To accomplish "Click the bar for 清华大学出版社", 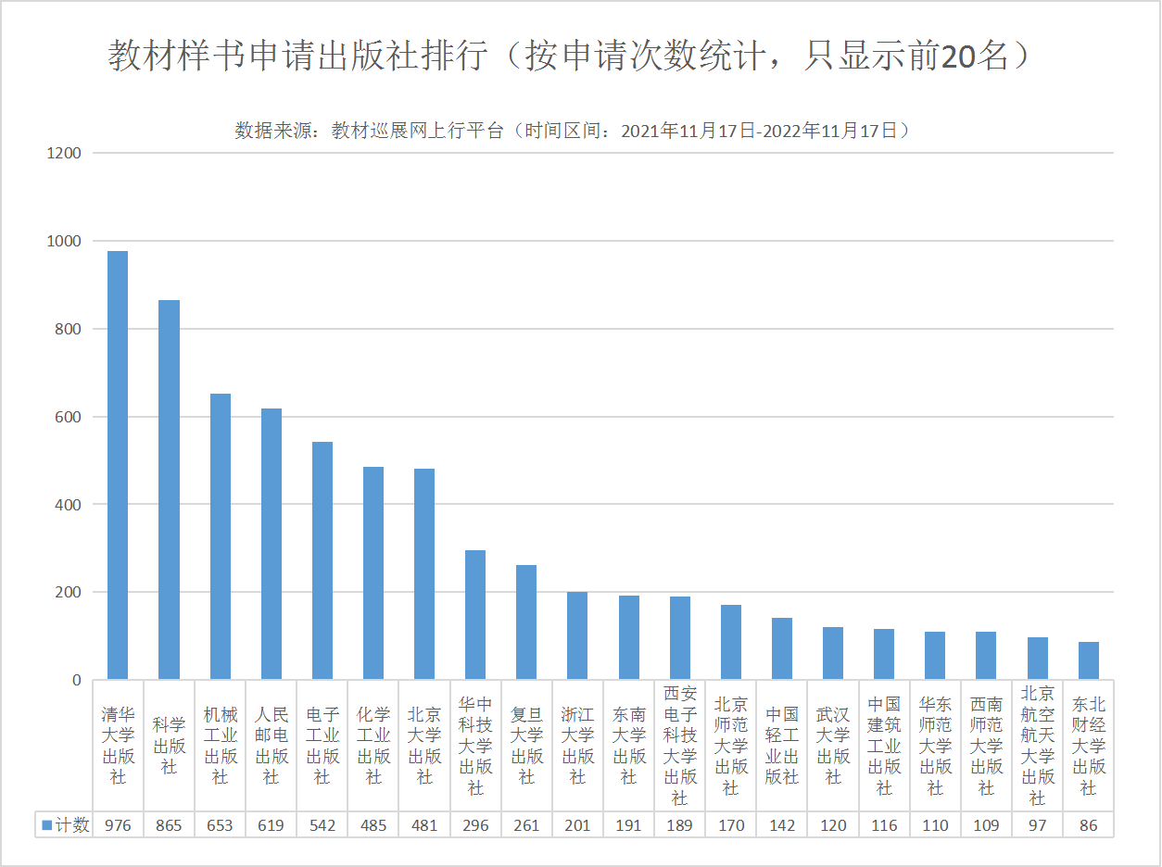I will [x=118, y=465].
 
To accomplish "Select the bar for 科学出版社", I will [x=169, y=490].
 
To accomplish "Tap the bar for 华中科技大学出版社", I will [x=475, y=615].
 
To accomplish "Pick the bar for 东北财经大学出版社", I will [x=1089, y=660].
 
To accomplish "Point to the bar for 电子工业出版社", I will [x=322, y=560].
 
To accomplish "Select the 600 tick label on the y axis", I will [x=68, y=417].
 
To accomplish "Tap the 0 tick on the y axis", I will [x=76, y=680].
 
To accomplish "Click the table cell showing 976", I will [x=118, y=825].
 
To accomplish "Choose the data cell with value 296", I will [x=475, y=825].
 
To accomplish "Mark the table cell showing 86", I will [x=1089, y=825].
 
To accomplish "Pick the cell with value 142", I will [x=782, y=825].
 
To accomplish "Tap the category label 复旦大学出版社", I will [x=526, y=746].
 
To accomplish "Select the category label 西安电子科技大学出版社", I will [x=679, y=746].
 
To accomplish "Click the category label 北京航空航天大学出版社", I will [x=1038, y=746].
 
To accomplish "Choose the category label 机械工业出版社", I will [x=220, y=746].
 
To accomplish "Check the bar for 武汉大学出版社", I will [x=833, y=653].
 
